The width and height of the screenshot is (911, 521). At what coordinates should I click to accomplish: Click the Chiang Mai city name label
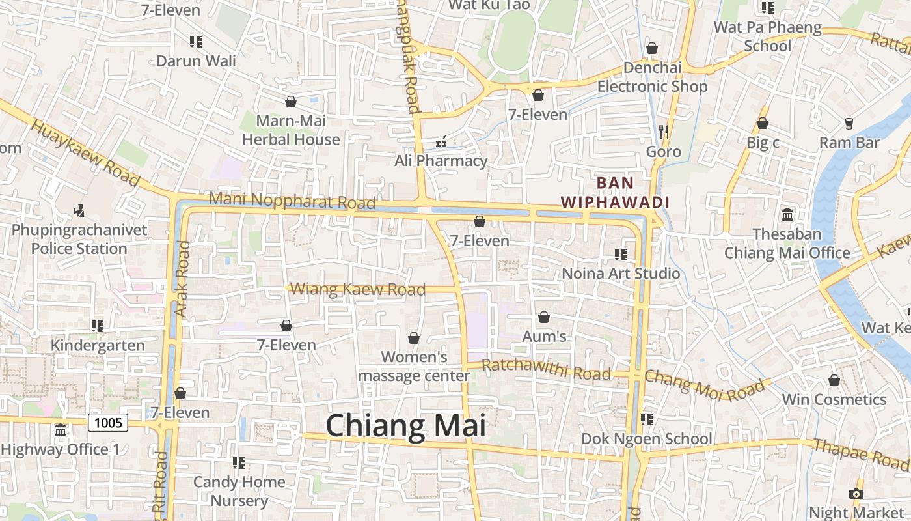(406, 426)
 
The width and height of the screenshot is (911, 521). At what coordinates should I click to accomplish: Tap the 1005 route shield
(108, 423)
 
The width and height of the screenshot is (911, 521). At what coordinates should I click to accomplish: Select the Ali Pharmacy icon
(441, 142)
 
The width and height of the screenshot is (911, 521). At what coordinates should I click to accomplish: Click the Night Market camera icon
(856, 494)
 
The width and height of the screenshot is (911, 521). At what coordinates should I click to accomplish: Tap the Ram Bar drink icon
(849, 123)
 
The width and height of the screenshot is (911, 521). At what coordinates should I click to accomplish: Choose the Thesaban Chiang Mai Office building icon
(787, 214)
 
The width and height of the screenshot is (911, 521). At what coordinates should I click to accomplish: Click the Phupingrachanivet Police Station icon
(79, 210)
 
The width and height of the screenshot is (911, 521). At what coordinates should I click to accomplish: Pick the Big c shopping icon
(763, 123)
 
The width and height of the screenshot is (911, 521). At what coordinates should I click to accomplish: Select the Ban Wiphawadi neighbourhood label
(616, 193)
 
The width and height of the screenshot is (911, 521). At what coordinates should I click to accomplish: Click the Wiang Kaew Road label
(358, 289)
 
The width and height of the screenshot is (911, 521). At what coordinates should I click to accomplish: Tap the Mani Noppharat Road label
(292, 201)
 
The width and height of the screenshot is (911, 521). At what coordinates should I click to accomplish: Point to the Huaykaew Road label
(85, 152)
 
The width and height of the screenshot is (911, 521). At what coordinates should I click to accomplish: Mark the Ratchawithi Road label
(547, 369)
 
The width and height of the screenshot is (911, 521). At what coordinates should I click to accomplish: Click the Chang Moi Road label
(705, 385)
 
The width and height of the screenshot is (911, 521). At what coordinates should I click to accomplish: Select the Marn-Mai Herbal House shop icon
(291, 102)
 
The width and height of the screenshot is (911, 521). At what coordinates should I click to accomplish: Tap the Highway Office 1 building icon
(61, 430)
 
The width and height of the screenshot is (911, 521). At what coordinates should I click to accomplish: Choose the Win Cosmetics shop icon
(834, 380)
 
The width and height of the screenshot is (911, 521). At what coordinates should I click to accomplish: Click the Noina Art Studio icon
(621, 254)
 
